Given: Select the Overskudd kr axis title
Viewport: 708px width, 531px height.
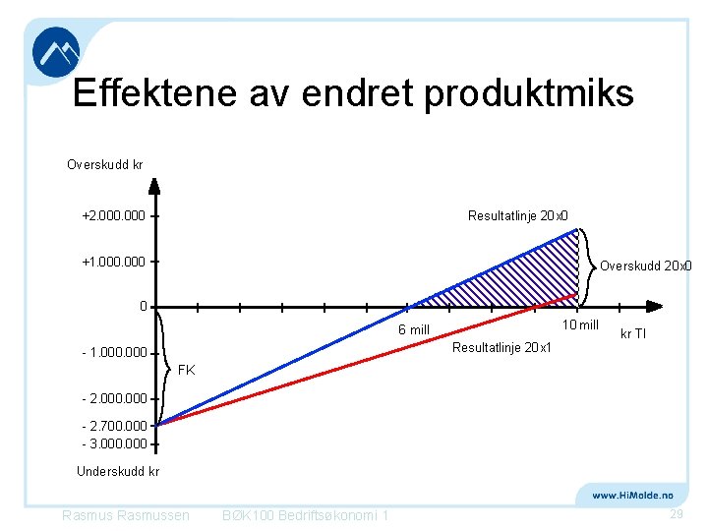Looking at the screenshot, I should pyautogui.click(x=104, y=164).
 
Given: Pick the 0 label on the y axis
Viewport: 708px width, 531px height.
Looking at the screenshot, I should pyautogui.click(x=144, y=307).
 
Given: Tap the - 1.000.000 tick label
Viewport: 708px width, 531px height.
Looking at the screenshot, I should pyautogui.click(x=114, y=352).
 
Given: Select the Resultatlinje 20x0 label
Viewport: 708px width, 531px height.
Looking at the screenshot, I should pyautogui.click(x=518, y=216).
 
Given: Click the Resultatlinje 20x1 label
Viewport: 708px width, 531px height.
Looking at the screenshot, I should pyautogui.click(x=501, y=347).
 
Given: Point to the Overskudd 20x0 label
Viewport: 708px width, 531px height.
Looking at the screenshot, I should pyautogui.click(x=646, y=265).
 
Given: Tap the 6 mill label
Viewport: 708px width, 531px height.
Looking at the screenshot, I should pyautogui.click(x=413, y=329).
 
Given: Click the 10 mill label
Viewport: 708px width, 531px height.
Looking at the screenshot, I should pyautogui.click(x=579, y=325).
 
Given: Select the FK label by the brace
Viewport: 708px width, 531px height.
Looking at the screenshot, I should pyautogui.click(x=186, y=371).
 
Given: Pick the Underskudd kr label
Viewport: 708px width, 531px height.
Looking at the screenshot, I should pyautogui.click(x=118, y=472).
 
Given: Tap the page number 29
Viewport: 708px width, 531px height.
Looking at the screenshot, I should pyautogui.click(x=676, y=515).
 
